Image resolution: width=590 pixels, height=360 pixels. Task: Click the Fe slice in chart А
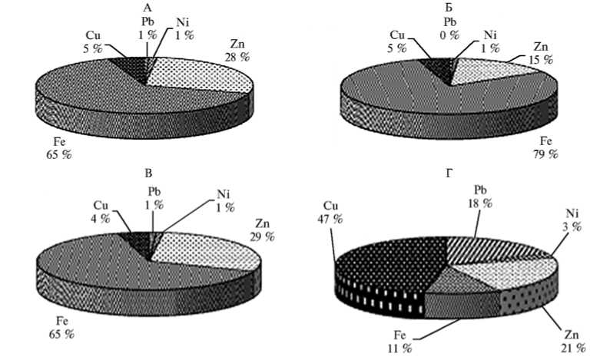(85, 92)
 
